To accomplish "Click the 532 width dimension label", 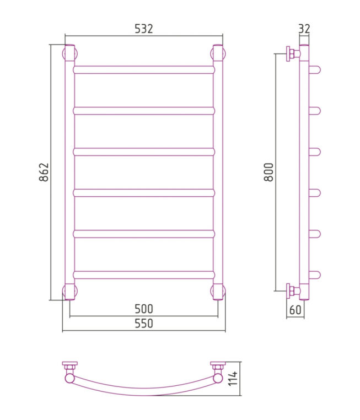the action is (143, 29).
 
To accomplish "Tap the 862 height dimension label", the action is (44, 172).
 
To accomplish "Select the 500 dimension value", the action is (144, 309).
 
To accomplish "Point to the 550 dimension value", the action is (144, 324).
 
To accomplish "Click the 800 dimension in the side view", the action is (268, 172).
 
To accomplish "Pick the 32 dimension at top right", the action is (304, 29).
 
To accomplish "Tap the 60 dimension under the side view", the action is (295, 310).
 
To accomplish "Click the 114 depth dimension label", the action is (233, 379).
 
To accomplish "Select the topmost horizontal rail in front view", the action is (144, 70).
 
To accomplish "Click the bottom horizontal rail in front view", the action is (144, 275).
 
